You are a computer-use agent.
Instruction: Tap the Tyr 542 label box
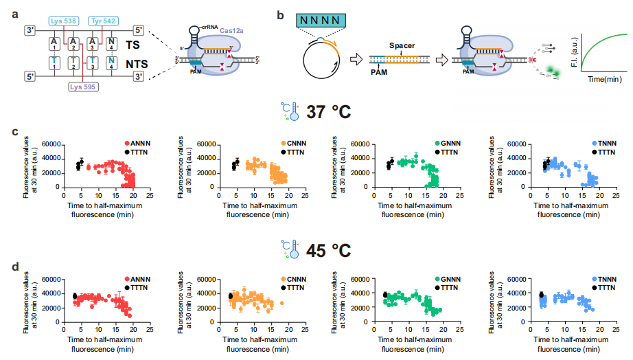[x=106, y=21]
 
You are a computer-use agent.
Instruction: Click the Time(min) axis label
[x=603, y=80]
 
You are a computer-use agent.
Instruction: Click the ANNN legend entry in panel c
[x=140, y=142]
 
